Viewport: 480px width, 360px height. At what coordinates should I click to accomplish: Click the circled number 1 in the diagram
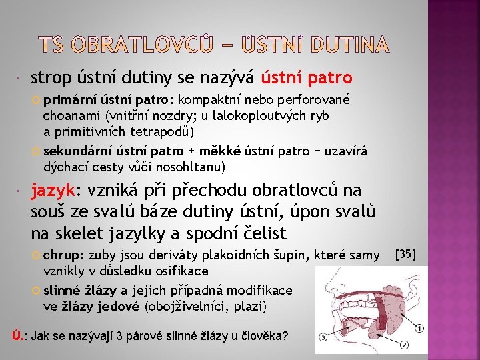point(419,329)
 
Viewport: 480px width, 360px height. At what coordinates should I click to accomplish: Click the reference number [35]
point(406,254)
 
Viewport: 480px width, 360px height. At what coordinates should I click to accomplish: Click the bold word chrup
point(62,255)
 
